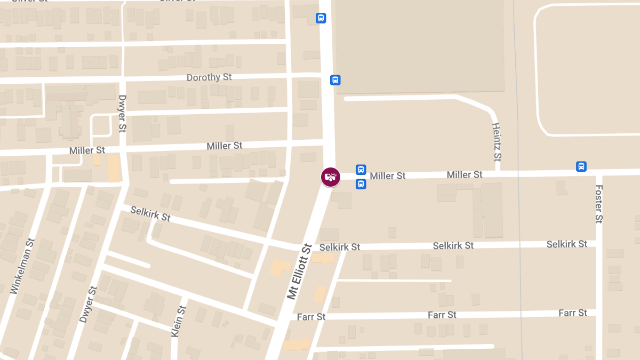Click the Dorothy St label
tap(209, 77)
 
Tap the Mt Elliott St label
tap(299, 271)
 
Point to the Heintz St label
tap(497, 142)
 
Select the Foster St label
tap(598, 204)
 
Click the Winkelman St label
tap(22, 266)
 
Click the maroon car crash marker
tap(331, 177)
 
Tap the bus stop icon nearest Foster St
tap(581, 166)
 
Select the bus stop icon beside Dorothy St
tap(335, 80)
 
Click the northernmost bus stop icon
tap(321, 18)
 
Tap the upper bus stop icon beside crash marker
tap(361, 170)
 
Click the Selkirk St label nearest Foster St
tap(566, 244)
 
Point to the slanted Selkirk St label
tap(150, 214)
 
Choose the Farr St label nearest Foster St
tap(573, 313)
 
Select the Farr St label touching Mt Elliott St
tap(311, 317)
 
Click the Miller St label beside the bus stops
tap(388, 176)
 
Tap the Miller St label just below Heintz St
tap(465, 175)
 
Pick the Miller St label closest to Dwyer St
tap(87, 151)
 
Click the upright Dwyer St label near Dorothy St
tap(122, 114)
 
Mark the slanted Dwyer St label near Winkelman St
tap(89, 305)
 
